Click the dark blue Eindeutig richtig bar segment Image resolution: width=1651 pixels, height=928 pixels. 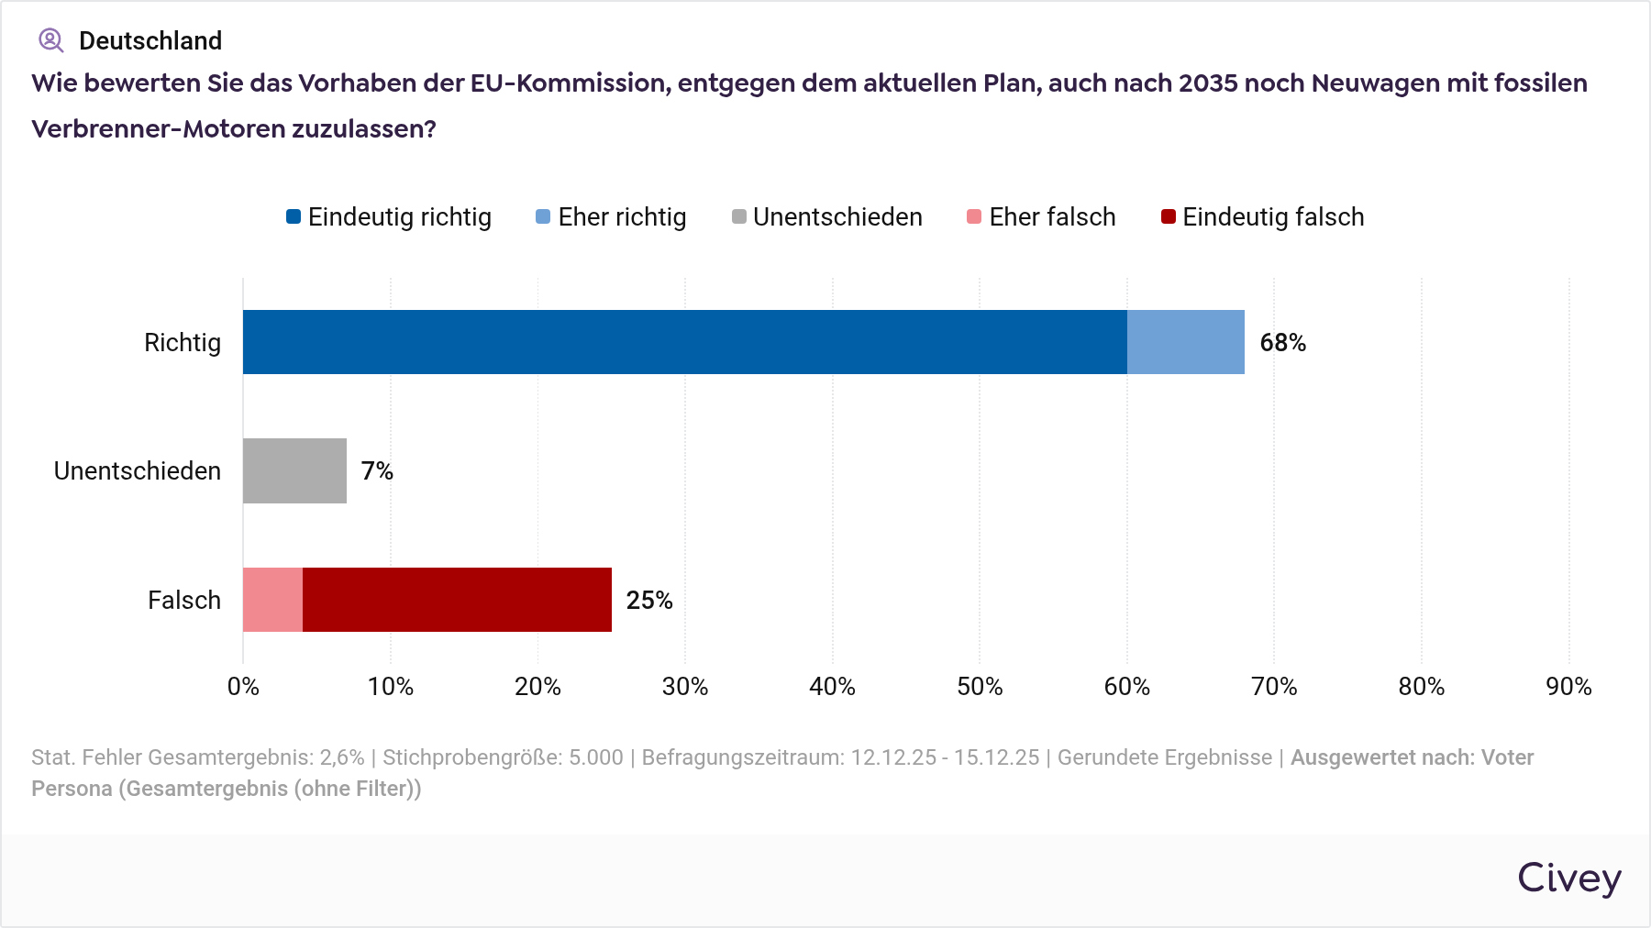(x=684, y=342)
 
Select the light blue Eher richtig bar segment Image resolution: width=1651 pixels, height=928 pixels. (x=1185, y=342)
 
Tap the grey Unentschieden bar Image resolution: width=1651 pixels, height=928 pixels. (x=294, y=470)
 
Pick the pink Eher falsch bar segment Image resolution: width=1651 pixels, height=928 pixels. (x=272, y=600)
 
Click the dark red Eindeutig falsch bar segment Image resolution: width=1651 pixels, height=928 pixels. (x=457, y=600)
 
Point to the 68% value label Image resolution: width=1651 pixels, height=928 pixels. (x=1282, y=343)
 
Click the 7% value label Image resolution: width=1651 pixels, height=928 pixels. (x=376, y=471)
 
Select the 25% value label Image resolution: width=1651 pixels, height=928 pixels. (x=648, y=601)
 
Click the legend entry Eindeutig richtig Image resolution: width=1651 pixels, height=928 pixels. (x=389, y=217)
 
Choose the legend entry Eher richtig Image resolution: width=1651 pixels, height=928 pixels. (x=611, y=217)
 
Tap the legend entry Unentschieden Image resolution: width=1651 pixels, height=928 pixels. (x=827, y=217)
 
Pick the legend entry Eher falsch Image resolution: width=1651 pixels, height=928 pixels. (x=1042, y=217)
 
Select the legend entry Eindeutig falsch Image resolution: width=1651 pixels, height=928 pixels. (x=1263, y=217)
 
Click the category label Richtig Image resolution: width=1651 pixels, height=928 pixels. (x=183, y=343)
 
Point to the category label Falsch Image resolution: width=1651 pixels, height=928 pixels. (x=184, y=601)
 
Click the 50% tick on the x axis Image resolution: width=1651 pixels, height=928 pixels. (x=980, y=687)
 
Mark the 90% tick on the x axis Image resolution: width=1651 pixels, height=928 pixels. (x=1568, y=687)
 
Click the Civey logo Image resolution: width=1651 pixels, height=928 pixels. (x=1568, y=878)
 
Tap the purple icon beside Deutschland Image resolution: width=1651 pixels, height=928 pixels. (x=50, y=40)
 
